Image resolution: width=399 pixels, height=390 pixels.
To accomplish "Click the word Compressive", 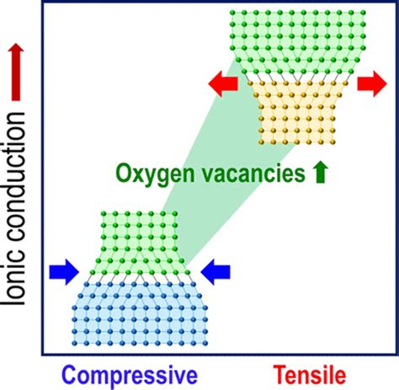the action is coord(130,376).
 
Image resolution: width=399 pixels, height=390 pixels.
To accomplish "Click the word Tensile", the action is coord(310,375).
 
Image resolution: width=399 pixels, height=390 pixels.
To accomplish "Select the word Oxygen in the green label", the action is coord(155,174).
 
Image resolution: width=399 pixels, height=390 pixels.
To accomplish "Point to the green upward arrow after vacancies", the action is coord(321,173).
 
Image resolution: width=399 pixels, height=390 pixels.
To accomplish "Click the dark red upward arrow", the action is coord(16,72).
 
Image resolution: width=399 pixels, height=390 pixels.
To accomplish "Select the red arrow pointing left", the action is coord(223,83).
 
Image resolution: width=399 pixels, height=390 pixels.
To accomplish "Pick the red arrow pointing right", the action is coord(372,83).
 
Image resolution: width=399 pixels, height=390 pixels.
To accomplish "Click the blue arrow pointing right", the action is coord(64,272).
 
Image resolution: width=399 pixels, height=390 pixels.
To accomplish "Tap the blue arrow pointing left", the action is coord(215,272).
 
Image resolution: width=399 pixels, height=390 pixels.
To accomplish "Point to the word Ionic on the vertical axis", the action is coord(14,282).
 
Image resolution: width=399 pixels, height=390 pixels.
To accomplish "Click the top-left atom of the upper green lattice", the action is coord(232,13).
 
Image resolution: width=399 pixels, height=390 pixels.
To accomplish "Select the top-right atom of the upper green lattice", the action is coord(364,13).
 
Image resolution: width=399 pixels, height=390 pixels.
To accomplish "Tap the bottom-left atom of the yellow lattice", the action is coord(261,142).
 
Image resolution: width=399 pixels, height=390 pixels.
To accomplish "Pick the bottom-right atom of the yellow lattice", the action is coord(332,142).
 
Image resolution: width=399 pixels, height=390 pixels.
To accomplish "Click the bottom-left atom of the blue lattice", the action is coord(74,343).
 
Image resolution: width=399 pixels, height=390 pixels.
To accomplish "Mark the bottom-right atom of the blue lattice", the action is coord(205,343).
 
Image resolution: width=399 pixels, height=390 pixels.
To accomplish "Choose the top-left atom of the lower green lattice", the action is coord(104,214).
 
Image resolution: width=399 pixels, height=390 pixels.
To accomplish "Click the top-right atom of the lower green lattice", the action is coord(175,214).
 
